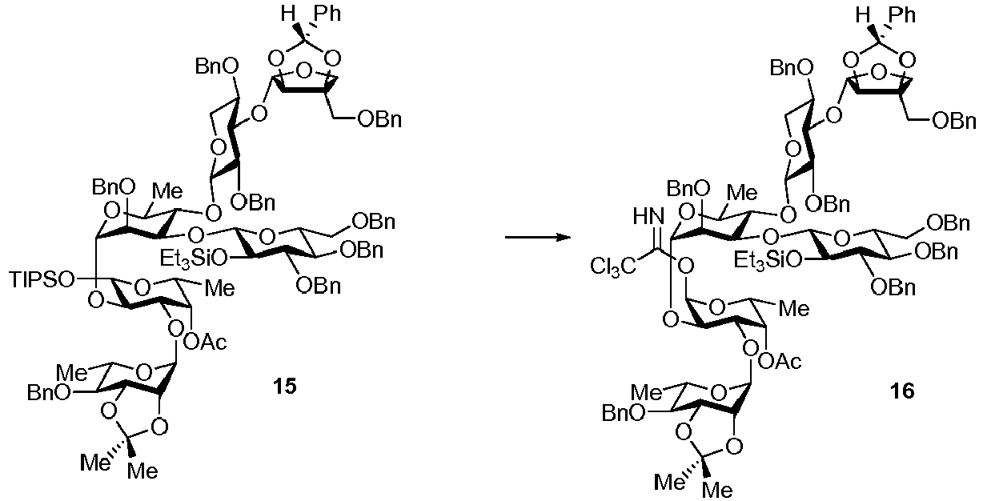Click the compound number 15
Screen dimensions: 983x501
pyautogui.click(x=285, y=387)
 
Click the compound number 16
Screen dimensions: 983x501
pyautogui.click(x=902, y=391)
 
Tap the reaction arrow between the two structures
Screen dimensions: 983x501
pyautogui.click(x=538, y=238)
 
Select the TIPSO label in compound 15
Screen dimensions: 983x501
pyautogui.click(x=42, y=281)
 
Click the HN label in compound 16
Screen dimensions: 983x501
pyautogui.click(x=648, y=216)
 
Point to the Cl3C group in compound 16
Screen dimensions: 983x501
pyautogui.click(x=613, y=267)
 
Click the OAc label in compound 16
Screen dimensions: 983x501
pyautogui.click(x=780, y=362)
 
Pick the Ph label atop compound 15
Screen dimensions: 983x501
pyautogui.click(x=327, y=14)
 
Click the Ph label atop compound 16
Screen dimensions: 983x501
pyautogui.click(x=902, y=15)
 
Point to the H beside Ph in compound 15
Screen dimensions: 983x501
pyautogui.click(x=288, y=14)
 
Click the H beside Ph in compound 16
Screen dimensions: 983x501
pyautogui.click(x=863, y=15)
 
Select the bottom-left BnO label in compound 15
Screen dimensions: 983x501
pyautogui.click(x=48, y=393)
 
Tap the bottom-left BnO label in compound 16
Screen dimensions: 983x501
pyautogui.click(x=623, y=413)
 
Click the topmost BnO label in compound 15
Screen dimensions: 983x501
pyautogui.click(x=217, y=67)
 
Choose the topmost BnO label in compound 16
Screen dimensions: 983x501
pyautogui.click(x=791, y=69)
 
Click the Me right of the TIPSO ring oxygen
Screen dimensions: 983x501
pyautogui.click(x=220, y=288)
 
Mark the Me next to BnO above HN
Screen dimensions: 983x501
pyautogui.click(x=742, y=193)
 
